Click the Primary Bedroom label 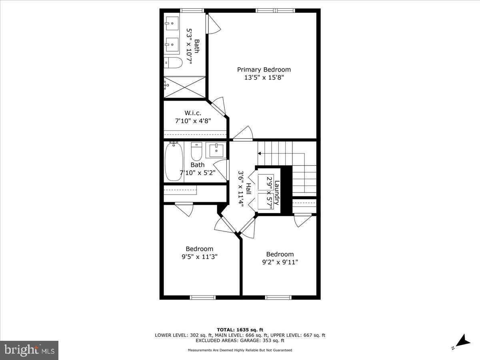264,70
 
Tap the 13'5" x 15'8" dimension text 264,78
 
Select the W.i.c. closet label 193,113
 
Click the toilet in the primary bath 173,62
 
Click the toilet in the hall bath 196,151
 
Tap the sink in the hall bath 216,150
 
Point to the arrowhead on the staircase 259,153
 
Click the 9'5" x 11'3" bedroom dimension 199,257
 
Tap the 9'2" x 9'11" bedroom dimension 280,262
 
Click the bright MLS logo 29,350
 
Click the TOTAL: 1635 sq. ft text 240,330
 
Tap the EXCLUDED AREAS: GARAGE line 240,341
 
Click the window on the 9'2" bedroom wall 278,297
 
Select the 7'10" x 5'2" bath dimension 197,173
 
